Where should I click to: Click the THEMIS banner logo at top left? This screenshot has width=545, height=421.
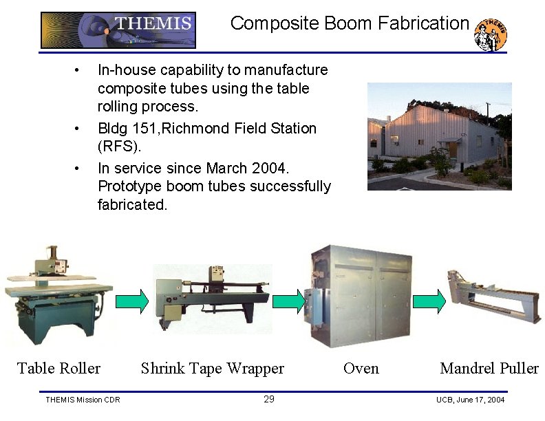118,30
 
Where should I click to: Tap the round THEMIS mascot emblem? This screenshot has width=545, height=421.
491,34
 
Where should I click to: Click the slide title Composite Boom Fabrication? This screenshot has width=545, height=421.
349,23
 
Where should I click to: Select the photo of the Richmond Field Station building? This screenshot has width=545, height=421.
439,136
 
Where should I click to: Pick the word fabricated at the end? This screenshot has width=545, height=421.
132,205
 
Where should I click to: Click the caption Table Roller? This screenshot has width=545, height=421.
58,368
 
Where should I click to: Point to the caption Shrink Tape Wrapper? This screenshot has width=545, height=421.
212,369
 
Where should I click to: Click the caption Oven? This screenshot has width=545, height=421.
361,369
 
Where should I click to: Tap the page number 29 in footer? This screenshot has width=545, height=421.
269,400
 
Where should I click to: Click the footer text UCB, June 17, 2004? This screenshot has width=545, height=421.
470,400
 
